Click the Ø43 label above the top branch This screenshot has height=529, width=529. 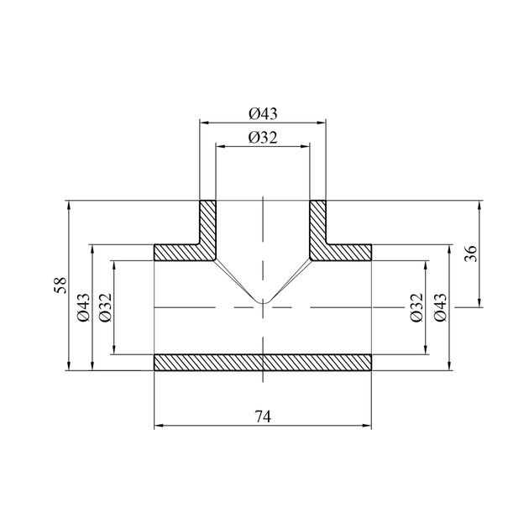click(263, 113)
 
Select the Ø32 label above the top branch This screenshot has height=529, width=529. click(263, 138)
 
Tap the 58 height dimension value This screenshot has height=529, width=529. click(60, 285)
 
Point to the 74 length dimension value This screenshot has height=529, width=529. click(263, 416)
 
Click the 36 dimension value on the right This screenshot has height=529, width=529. click(471, 254)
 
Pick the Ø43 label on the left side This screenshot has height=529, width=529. click(84, 307)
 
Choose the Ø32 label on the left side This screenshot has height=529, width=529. click(105, 307)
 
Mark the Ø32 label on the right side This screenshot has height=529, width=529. click(417, 307)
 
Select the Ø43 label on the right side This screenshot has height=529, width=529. click(441, 307)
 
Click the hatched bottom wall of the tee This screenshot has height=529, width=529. click(263, 363)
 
